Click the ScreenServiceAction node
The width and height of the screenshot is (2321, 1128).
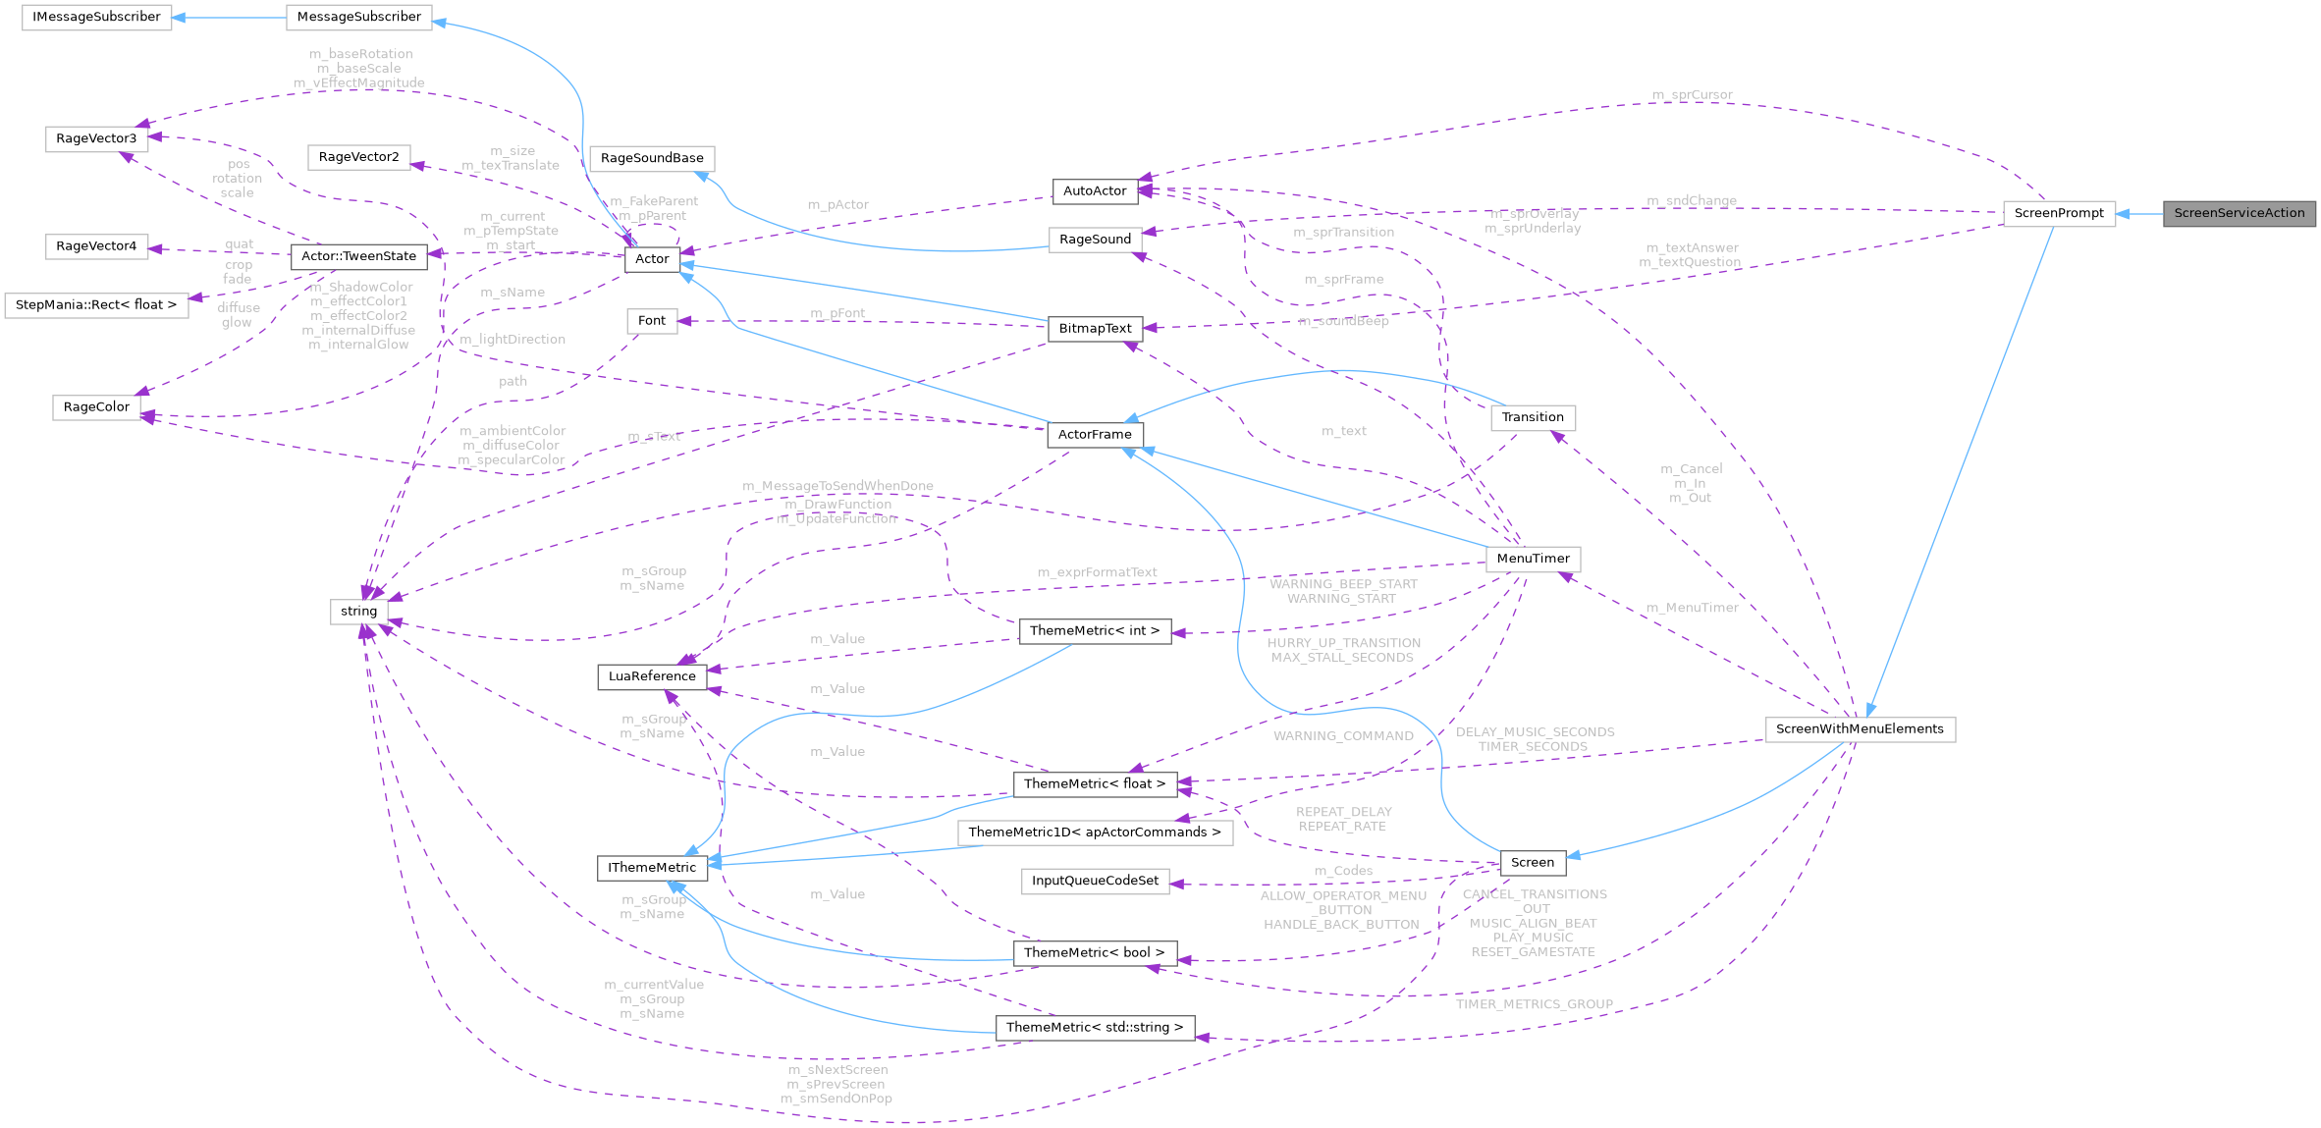[2239, 213]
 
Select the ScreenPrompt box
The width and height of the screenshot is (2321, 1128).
[2059, 213]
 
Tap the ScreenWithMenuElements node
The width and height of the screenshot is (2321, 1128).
[1860, 729]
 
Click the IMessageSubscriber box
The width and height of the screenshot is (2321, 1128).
[96, 17]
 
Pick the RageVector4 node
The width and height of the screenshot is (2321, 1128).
[96, 246]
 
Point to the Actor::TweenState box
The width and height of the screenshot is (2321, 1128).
[358, 256]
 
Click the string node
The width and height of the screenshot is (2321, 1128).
[358, 612]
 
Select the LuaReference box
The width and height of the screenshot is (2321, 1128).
[652, 676]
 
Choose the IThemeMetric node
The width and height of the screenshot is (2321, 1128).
[652, 868]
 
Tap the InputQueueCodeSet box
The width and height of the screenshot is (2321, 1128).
[1095, 881]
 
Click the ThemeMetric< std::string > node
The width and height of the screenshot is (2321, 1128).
[1095, 1028]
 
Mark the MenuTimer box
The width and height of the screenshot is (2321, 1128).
[1533, 559]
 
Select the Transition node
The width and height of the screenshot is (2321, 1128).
[1533, 417]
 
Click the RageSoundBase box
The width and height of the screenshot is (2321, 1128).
[652, 158]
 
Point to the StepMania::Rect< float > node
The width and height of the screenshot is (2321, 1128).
[96, 305]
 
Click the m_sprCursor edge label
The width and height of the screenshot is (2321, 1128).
[1692, 95]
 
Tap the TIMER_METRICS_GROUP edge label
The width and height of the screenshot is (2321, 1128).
[1534, 1004]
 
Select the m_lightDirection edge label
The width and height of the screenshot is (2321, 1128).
[513, 340]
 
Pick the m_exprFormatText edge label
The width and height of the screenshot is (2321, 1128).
[1097, 572]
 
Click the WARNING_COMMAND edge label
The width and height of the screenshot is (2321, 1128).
[1343, 736]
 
